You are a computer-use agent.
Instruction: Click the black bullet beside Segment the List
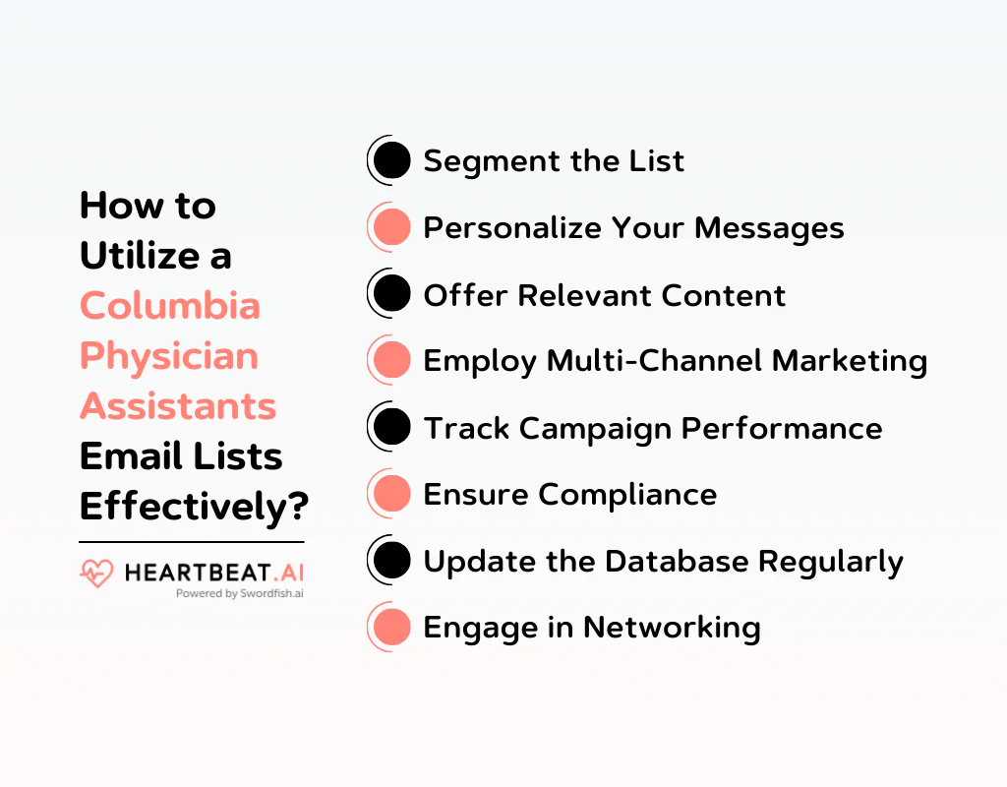click(392, 160)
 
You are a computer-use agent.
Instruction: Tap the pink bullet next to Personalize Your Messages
click(392, 227)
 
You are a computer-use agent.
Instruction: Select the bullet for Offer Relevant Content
click(392, 294)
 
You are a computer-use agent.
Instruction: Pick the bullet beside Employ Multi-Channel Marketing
click(392, 360)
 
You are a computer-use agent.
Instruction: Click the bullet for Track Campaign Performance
click(392, 427)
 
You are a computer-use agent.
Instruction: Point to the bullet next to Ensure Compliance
click(392, 494)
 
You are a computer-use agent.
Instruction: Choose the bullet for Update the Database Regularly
click(392, 561)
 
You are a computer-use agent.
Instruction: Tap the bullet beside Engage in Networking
click(392, 627)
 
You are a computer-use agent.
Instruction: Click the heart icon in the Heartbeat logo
click(96, 574)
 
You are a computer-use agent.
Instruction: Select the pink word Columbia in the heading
click(169, 306)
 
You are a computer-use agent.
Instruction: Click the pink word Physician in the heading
click(168, 356)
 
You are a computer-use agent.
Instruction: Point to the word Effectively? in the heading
click(194, 508)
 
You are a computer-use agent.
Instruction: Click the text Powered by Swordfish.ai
click(239, 593)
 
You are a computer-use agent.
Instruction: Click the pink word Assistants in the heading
click(177, 406)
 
